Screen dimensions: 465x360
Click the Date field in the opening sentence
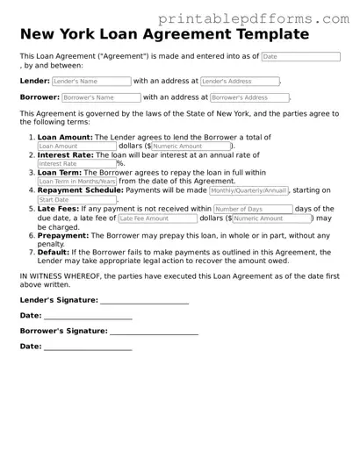(299, 56)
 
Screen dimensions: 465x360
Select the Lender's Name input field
(91, 81)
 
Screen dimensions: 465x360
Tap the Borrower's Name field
(101, 97)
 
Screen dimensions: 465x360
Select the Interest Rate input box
(76, 163)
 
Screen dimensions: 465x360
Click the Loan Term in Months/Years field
(76, 182)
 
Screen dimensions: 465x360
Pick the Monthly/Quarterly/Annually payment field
(248, 190)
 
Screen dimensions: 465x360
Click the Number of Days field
(253, 210)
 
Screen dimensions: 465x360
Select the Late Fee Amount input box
(155, 218)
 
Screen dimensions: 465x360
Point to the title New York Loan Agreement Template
(165, 34)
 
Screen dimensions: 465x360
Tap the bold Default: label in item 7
(55, 252)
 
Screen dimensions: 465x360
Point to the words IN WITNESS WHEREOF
(57, 275)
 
